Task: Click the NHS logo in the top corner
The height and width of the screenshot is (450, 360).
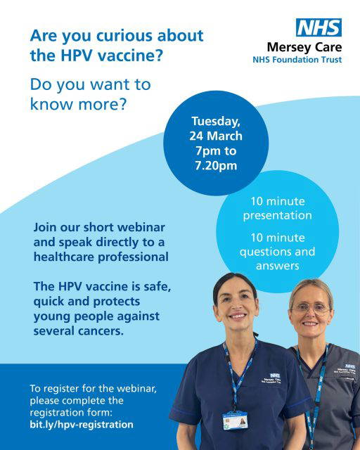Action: (319, 28)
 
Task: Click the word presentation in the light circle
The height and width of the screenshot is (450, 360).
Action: (279, 215)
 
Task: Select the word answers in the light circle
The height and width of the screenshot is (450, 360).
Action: (279, 266)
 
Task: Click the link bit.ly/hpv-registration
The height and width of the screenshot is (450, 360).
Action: (82, 425)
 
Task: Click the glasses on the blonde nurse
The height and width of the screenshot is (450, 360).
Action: (310, 307)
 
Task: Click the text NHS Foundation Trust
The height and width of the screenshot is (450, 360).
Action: (297, 60)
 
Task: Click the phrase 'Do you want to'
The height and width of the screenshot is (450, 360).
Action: (90, 84)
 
